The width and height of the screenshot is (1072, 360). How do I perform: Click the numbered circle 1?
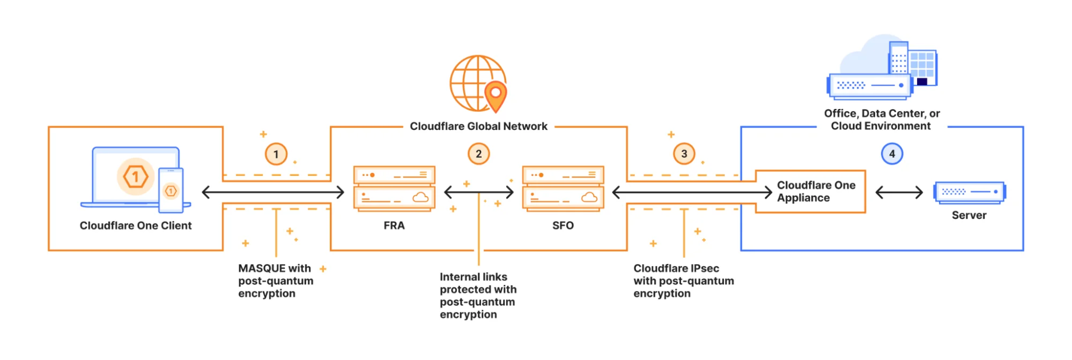point(276,155)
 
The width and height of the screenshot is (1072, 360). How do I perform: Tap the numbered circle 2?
point(478,154)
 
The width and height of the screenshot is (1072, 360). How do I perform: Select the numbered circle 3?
point(684,154)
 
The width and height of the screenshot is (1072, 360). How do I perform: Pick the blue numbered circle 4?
point(892,154)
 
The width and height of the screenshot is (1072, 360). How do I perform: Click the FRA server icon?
point(394,188)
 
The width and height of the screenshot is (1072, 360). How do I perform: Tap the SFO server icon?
point(563,188)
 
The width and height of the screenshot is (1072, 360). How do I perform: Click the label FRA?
point(394,226)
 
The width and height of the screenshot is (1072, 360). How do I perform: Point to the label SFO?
point(563,226)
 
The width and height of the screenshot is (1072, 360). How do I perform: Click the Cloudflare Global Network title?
point(478,127)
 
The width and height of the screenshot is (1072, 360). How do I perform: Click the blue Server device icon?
point(969,192)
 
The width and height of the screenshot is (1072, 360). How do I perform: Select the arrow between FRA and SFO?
point(479,192)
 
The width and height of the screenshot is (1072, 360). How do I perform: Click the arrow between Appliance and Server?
point(899,192)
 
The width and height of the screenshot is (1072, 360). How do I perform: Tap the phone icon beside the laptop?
point(171,190)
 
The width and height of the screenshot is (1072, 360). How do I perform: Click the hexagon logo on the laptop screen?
point(135,176)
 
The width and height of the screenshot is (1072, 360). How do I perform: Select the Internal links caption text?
point(477,295)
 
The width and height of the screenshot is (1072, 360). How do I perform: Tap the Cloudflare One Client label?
point(136,226)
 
